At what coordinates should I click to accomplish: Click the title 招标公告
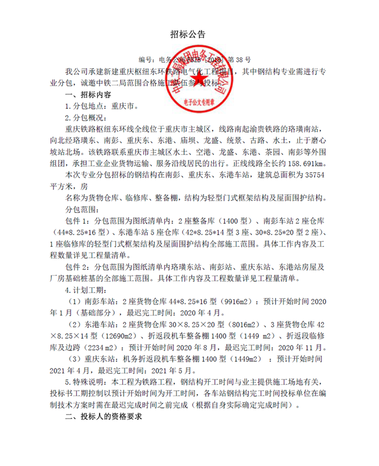189,34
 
